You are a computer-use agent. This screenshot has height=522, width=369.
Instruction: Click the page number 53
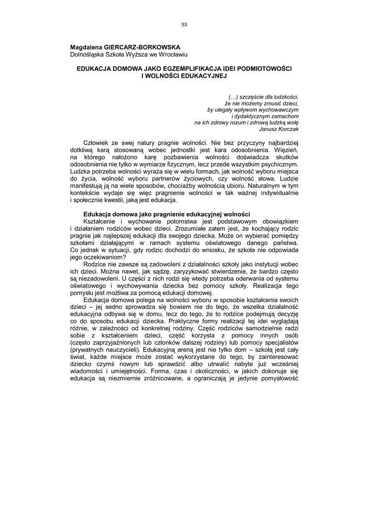point(184,24)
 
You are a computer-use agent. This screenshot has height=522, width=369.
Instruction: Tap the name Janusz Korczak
point(279,129)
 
